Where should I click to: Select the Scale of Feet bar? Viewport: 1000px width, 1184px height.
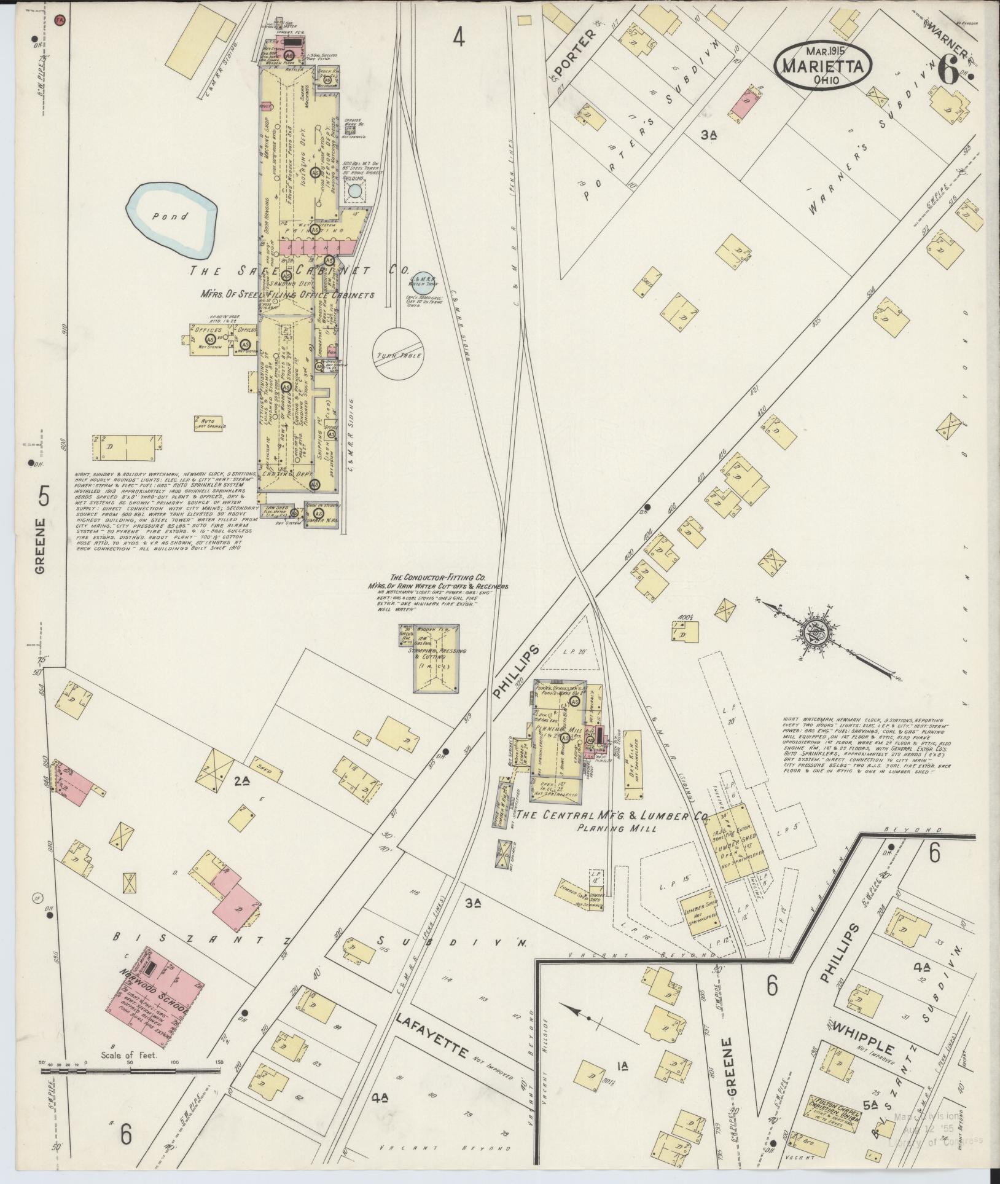point(129,1071)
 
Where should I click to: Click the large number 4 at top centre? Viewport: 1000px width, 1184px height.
point(459,38)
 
